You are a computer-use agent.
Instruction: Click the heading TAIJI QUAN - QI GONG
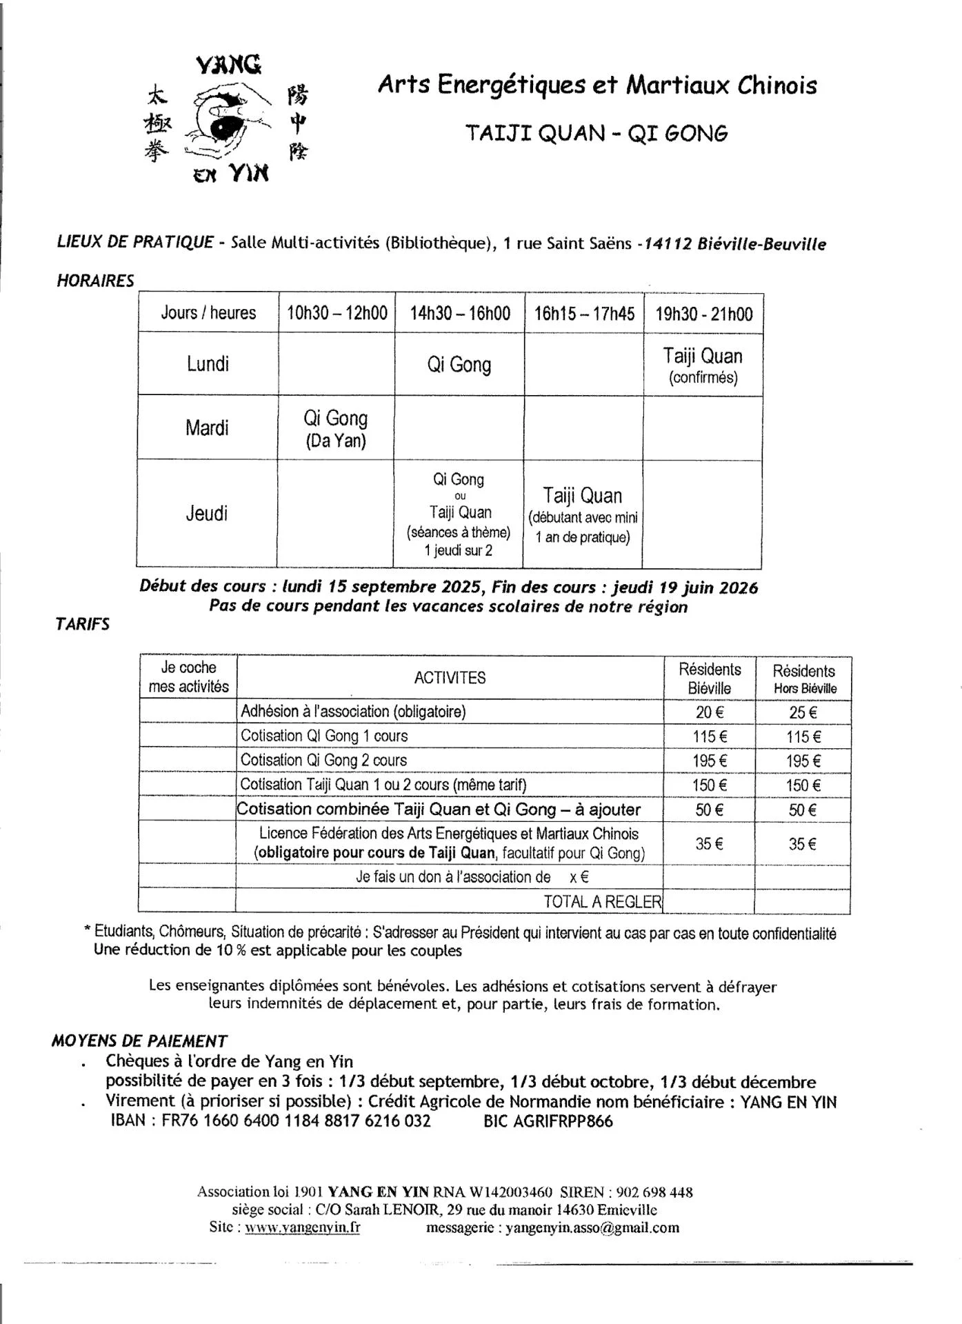click(597, 132)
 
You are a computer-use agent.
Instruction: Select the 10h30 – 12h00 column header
click(337, 313)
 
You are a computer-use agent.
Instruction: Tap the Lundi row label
click(208, 363)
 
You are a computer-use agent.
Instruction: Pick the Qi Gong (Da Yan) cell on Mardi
click(336, 428)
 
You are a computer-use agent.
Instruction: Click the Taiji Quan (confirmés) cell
click(703, 365)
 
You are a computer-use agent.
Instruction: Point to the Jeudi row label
click(206, 513)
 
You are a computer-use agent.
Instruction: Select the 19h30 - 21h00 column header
click(703, 314)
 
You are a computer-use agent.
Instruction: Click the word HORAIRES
click(95, 281)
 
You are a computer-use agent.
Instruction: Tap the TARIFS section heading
click(82, 624)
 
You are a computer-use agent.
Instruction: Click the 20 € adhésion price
click(709, 712)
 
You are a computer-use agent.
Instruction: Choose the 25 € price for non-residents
click(803, 712)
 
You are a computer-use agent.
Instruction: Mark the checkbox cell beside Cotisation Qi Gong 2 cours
click(188, 760)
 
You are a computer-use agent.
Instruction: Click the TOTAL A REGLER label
click(602, 901)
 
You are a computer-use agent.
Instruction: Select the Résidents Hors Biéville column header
click(804, 679)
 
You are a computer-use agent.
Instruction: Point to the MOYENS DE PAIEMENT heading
click(139, 1041)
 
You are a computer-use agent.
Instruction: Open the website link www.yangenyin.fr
click(302, 1227)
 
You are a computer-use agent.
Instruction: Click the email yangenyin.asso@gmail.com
click(592, 1227)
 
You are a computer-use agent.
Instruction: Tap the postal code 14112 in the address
click(667, 244)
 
